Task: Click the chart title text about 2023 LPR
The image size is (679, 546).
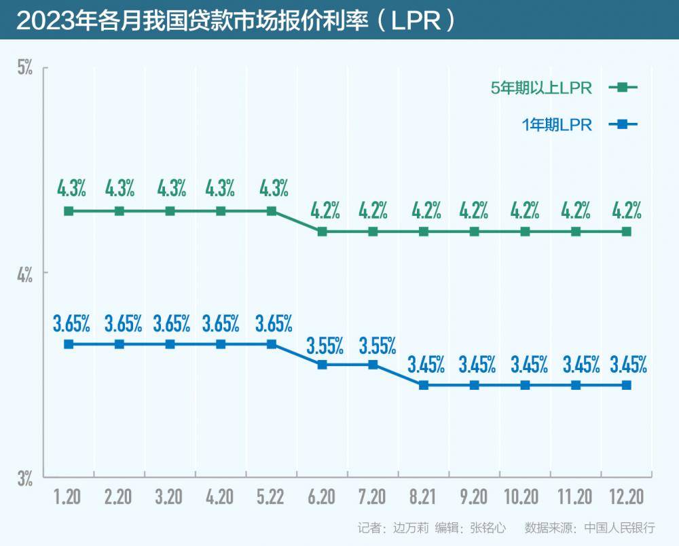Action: (x=234, y=20)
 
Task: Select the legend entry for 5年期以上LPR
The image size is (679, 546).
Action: (x=542, y=88)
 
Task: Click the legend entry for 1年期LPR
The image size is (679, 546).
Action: (x=557, y=124)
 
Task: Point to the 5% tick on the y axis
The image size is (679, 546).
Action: (x=25, y=68)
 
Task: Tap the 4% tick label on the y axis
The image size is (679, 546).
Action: (x=25, y=275)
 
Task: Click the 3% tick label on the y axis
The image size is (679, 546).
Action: (x=25, y=479)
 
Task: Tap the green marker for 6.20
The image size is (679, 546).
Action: (x=323, y=232)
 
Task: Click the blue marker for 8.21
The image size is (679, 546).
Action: (x=424, y=385)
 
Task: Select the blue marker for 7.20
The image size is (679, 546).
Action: (x=373, y=365)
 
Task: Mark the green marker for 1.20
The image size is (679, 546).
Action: (x=69, y=211)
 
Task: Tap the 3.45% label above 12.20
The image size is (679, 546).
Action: (x=627, y=365)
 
